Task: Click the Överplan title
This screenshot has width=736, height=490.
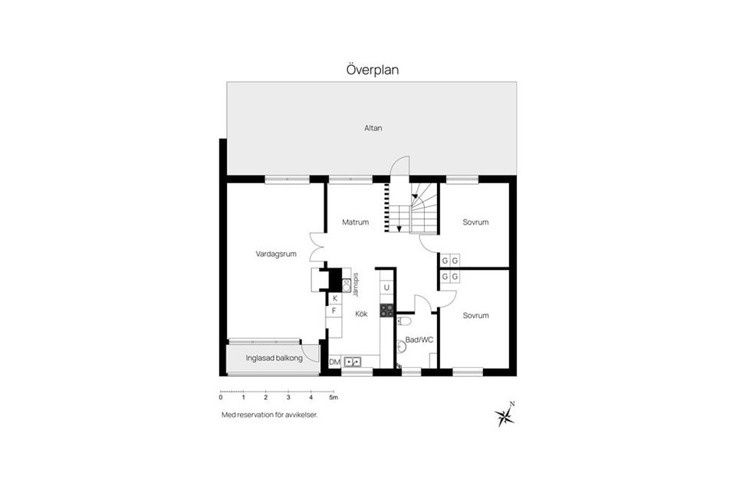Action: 373,70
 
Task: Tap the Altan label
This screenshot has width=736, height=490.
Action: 373,127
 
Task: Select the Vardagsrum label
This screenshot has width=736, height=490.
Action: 276,254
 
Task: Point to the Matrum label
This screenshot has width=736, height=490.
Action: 355,222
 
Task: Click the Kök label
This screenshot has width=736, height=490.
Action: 361,314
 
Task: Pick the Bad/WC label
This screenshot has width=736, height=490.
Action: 419,340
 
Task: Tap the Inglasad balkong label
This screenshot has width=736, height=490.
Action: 274,358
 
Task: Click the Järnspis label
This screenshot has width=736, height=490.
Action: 356,285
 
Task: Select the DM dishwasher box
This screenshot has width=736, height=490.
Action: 335,362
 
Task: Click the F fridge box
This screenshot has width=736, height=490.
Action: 333,311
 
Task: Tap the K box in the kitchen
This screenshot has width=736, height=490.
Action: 335,298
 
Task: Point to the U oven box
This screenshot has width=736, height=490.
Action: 386,288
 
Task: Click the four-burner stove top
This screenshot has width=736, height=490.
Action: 386,310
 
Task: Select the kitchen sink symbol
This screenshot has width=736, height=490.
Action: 352,362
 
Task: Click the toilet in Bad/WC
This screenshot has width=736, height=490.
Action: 404,321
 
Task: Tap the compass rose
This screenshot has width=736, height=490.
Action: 505,415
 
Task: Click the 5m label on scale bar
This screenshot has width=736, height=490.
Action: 333,397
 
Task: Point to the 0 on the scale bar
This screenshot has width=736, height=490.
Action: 221,397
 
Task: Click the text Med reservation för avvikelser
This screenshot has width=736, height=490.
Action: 269,415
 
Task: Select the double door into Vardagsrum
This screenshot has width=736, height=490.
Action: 317,248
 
